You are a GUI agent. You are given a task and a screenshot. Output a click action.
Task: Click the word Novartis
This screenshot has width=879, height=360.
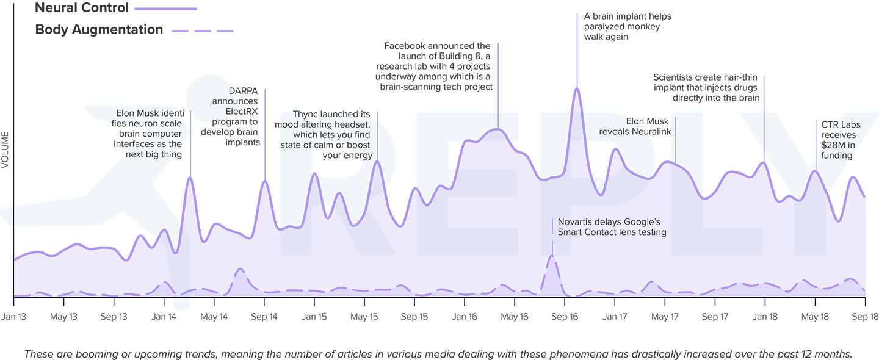[576, 221]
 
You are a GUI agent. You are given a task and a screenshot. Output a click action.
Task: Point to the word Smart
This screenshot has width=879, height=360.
[571, 232]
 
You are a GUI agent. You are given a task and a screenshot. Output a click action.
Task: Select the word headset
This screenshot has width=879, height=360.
[353, 124]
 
